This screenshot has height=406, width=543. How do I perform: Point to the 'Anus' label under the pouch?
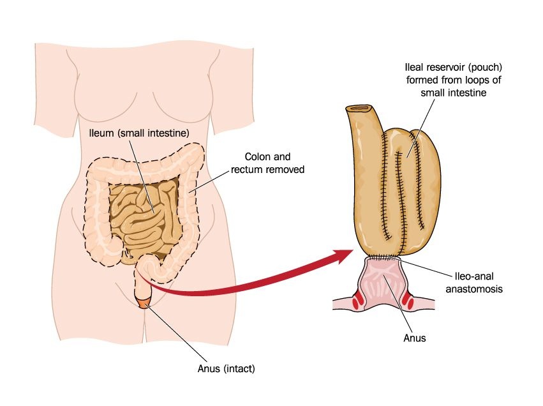pos(414,338)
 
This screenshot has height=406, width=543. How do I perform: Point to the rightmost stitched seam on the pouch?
pos(420,185)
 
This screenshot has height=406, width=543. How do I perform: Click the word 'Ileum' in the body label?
pos(101,133)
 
